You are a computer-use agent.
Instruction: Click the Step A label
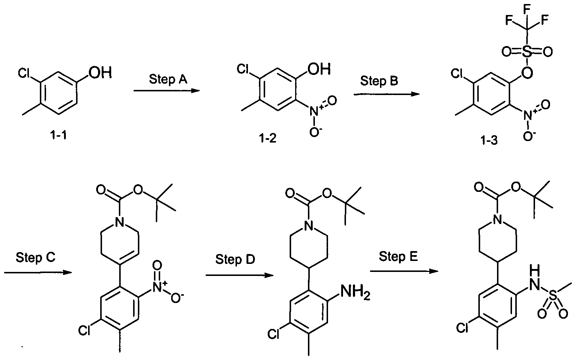point(168,79)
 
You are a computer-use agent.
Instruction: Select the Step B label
point(379,81)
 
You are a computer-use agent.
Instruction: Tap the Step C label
point(35,257)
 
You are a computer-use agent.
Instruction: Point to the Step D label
point(235,259)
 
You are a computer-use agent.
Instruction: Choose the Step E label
point(398,257)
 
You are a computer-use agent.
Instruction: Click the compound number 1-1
point(59,134)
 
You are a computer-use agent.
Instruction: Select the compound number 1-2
point(267,138)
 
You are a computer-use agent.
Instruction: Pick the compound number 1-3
point(489,140)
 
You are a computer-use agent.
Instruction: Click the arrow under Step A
point(167,90)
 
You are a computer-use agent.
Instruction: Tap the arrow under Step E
point(404,271)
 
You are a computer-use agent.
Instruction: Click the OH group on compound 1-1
point(100,73)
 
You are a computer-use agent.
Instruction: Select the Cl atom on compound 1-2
point(242,69)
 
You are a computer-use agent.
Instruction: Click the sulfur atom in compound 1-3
point(527,52)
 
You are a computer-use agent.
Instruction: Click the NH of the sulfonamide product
point(535,277)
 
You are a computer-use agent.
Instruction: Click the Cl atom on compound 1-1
point(24,73)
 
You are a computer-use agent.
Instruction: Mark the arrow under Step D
point(240,276)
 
